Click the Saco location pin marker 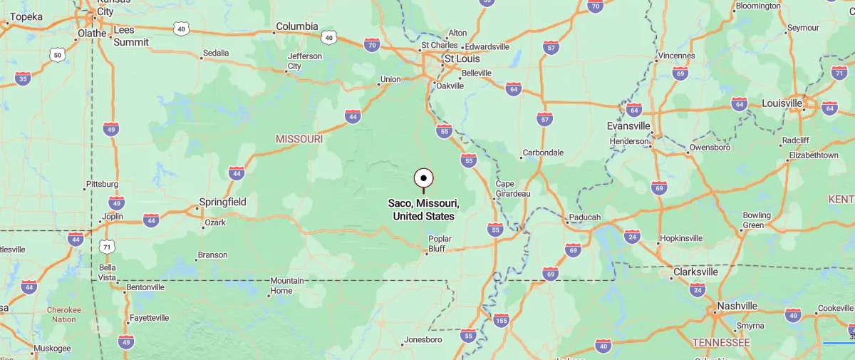click(x=423, y=178)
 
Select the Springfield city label click(x=222, y=202)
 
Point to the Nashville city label click(x=737, y=306)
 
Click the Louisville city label click(x=782, y=103)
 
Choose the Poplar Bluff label click(x=440, y=244)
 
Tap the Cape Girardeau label click(x=513, y=188)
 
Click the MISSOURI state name click(x=299, y=138)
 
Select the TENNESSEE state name click(x=722, y=343)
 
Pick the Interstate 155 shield click(x=502, y=320)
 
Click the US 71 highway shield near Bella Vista click(x=107, y=247)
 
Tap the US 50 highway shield click(x=57, y=54)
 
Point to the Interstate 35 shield click(x=23, y=78)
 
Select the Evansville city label click(x=628, y=125)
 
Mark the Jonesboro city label click(x=423, y=339)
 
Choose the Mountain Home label click(x=286, y=285)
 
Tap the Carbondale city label click(x=543, y=153)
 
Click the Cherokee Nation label click(x=63, y=314)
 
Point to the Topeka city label click(x=26, y=16)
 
